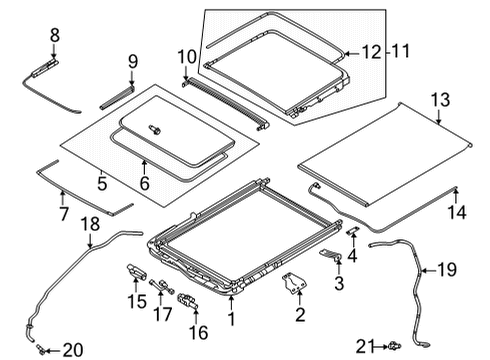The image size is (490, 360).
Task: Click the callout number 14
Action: (x=460, y=212)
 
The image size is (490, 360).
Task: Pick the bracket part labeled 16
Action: (x=185, y=301)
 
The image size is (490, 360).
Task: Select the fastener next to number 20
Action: (x=41, y=348)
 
